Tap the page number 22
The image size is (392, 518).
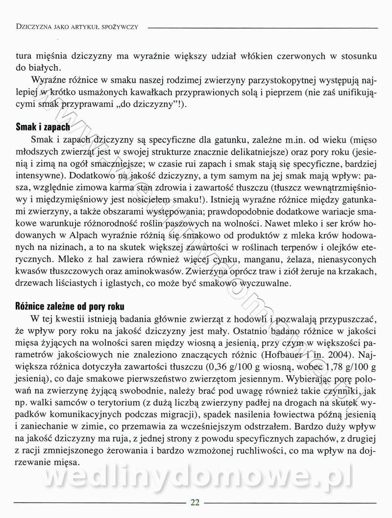[195, 502]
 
